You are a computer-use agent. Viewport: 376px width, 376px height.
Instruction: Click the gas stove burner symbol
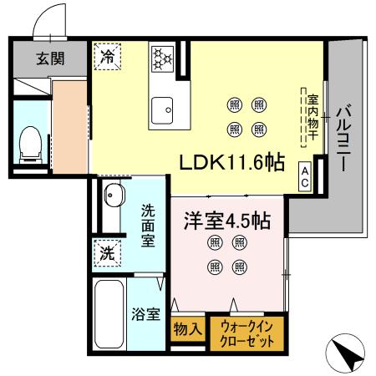pyautogui.click(x=161, y=58)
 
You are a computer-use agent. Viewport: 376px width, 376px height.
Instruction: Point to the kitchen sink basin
pyautogui.click(x=161, y=109)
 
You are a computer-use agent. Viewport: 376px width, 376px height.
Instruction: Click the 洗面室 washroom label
pyautogui.click(x=146, y=226)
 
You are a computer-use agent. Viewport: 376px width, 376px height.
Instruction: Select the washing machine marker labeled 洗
pyautogui.click(x=108, y=250)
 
